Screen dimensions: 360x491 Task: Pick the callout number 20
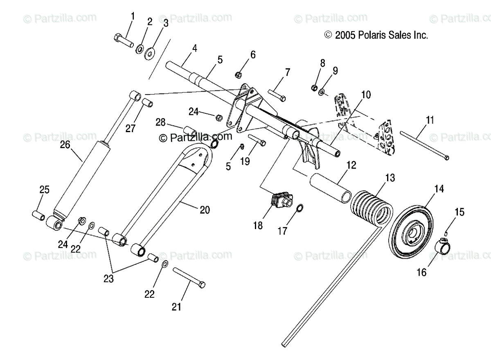205,210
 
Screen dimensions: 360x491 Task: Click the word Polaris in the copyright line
372,36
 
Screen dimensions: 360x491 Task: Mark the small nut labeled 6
240,74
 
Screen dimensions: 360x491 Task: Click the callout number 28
161,122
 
